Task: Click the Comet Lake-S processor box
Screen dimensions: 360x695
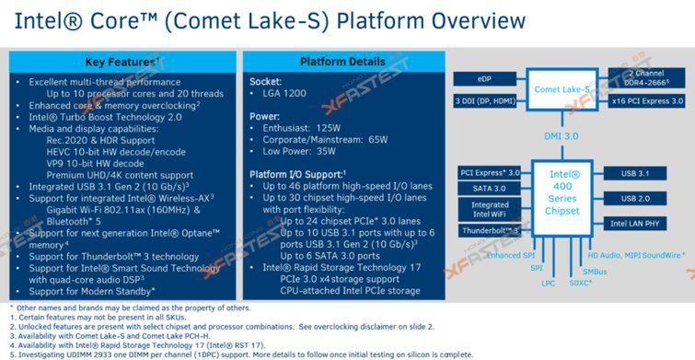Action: tap(562, 90)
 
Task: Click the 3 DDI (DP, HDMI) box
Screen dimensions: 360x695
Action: tap(484, 99)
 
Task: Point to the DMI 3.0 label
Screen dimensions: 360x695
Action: tap(562, 134)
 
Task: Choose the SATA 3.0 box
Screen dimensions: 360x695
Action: tap(484, 187)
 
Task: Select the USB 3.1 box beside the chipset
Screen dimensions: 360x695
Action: tap(639, 171)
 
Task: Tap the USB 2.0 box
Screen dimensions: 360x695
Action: tap(639, 197)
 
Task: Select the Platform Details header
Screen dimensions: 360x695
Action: tap(338, 62)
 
